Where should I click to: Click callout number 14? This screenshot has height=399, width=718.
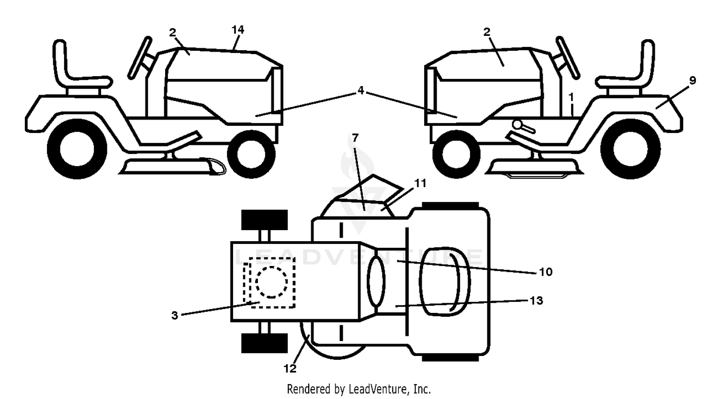pyautogui.click(x=238, y=30)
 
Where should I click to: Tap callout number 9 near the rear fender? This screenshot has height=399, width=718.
pyautogui.click(x=692, y=80)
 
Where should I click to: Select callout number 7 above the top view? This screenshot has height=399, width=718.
pyautogui.click(x=355, y=138)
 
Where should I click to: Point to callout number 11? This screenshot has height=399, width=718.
pyautogui.click(x=421, y=183)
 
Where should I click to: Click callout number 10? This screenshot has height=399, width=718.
pyautogui.click(x=546, y=272)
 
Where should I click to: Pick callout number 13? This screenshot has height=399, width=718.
pyautogui.click(x=536, y=300)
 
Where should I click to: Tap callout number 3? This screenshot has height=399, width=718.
pyautogui.click(x=174, y=315)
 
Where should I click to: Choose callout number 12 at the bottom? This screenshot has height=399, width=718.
pyautogui.click(x=290, y=369)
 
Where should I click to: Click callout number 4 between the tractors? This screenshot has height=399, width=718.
pyautogui.click(x=361, y=91)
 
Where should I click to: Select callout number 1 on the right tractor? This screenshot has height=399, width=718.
pyautogui.click(x=571, y=97)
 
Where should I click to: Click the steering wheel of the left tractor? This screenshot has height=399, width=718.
pyautogui.click(x=140, y=58)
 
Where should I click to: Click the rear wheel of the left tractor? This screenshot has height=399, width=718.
pyautogui.click(x=77, y=149)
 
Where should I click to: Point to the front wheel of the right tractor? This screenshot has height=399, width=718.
pyautogui.click(x=456, y=155)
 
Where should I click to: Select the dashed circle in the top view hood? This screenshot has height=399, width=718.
pyautogui.click(x=271, y=282)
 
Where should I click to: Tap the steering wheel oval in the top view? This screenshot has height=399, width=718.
pyautogui.click(x=376, y=282)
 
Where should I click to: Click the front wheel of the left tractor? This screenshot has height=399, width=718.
pyautogui.click(x=251, y=154)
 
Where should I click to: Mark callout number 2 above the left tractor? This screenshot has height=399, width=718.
pyautogui.click(x=172, y=33)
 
